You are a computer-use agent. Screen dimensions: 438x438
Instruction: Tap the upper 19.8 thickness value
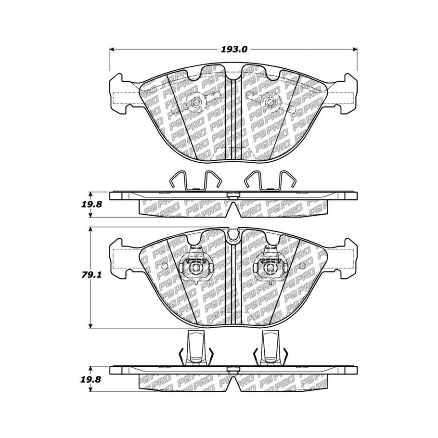[89, 205]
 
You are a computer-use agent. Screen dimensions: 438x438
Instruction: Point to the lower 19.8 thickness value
[89, 380]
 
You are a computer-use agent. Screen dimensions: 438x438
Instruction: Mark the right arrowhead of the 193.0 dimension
[355, 50]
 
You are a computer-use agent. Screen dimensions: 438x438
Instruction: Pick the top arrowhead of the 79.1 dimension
[90, 229]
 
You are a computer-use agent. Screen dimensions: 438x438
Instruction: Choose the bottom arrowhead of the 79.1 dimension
[90, 325]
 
